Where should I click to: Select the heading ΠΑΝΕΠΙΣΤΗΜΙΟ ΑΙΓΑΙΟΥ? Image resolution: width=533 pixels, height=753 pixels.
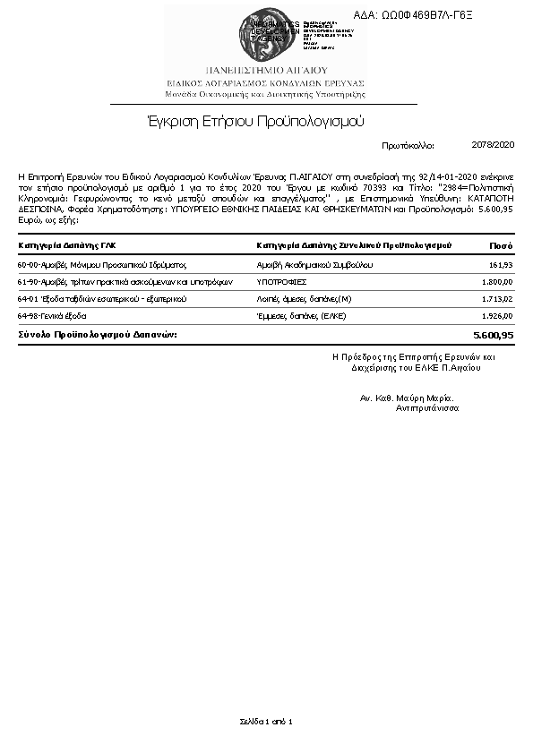(x=266, y=70)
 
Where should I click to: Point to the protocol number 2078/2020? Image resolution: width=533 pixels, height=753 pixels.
(x=493, y=144)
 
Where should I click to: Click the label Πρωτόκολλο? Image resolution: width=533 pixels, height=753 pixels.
(x=408, y=144)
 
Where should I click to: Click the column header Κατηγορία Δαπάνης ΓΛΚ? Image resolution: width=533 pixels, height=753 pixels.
(x=67, y=244)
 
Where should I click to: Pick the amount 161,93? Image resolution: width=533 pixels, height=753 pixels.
(x=501, y=266)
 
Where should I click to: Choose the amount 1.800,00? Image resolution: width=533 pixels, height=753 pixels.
(x=497, y=282)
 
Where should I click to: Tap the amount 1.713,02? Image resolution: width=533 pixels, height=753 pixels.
(x=497, y=299)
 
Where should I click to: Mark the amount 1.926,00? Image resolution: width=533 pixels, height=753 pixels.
(x=497, y=316)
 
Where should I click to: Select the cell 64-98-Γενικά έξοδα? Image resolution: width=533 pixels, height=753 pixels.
(x=52, y=316)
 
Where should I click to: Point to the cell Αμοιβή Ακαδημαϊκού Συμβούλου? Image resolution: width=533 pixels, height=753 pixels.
(x=310, y=266)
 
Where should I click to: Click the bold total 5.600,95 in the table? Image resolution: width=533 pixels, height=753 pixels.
(x=493, y=335)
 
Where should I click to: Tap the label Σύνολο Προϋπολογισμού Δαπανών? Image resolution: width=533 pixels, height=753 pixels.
(x=98, y=334)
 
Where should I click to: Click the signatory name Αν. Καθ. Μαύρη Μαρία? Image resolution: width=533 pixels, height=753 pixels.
(x=407, y=398)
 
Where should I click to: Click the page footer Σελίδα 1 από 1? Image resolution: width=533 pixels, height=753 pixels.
(x=266, y=721)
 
